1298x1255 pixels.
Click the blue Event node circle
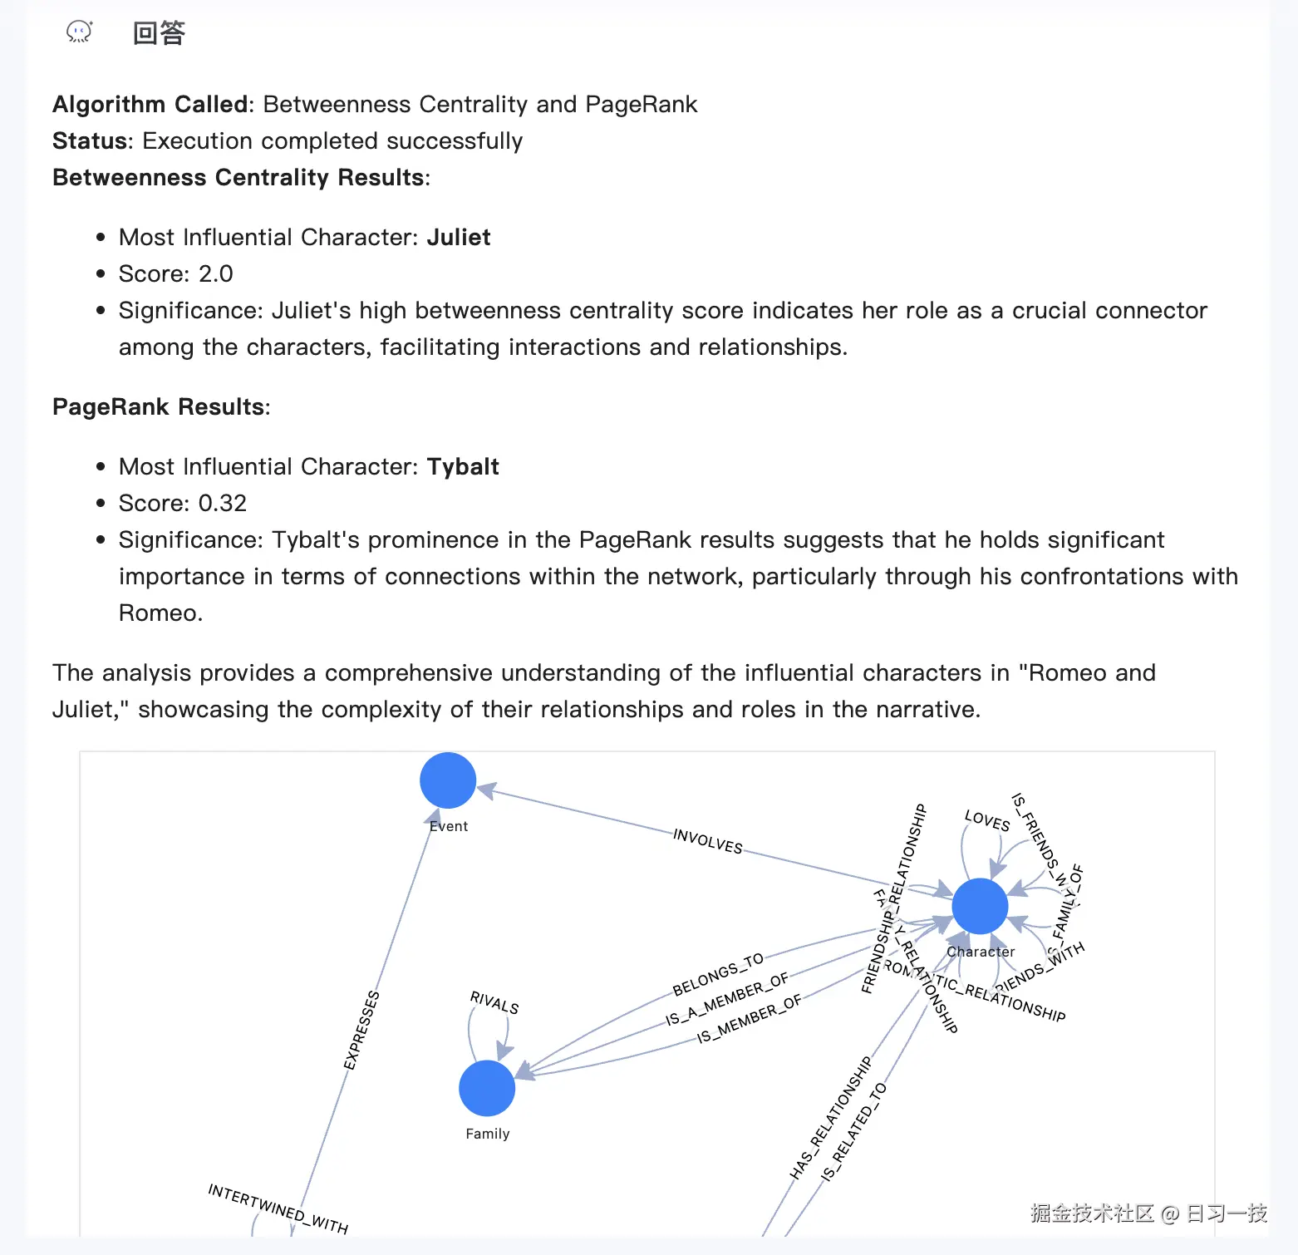(448, 780)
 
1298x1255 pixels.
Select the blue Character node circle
(980, 906)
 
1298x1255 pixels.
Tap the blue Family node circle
(487, 1088)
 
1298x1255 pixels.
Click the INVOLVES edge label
(708, 841)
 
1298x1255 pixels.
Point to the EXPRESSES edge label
(361, 1030)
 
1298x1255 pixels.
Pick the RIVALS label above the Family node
(494, 1002)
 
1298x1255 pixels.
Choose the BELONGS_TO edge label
(718, 975)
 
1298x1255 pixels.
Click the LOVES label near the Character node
(987, 820)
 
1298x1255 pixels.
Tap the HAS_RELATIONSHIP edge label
(831, 1118)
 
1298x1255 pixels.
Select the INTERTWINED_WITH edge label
(278, 1208)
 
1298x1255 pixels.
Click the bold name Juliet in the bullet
(459, 238)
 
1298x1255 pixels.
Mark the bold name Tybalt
(463, 467)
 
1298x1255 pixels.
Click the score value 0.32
(222, 504)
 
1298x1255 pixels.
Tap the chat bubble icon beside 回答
(79, 32)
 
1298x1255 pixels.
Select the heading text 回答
(159, 33)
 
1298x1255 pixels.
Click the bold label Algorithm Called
(150, 105)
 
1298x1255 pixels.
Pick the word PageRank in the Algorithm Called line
(641, 105)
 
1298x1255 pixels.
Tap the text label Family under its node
(488, 1134)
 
